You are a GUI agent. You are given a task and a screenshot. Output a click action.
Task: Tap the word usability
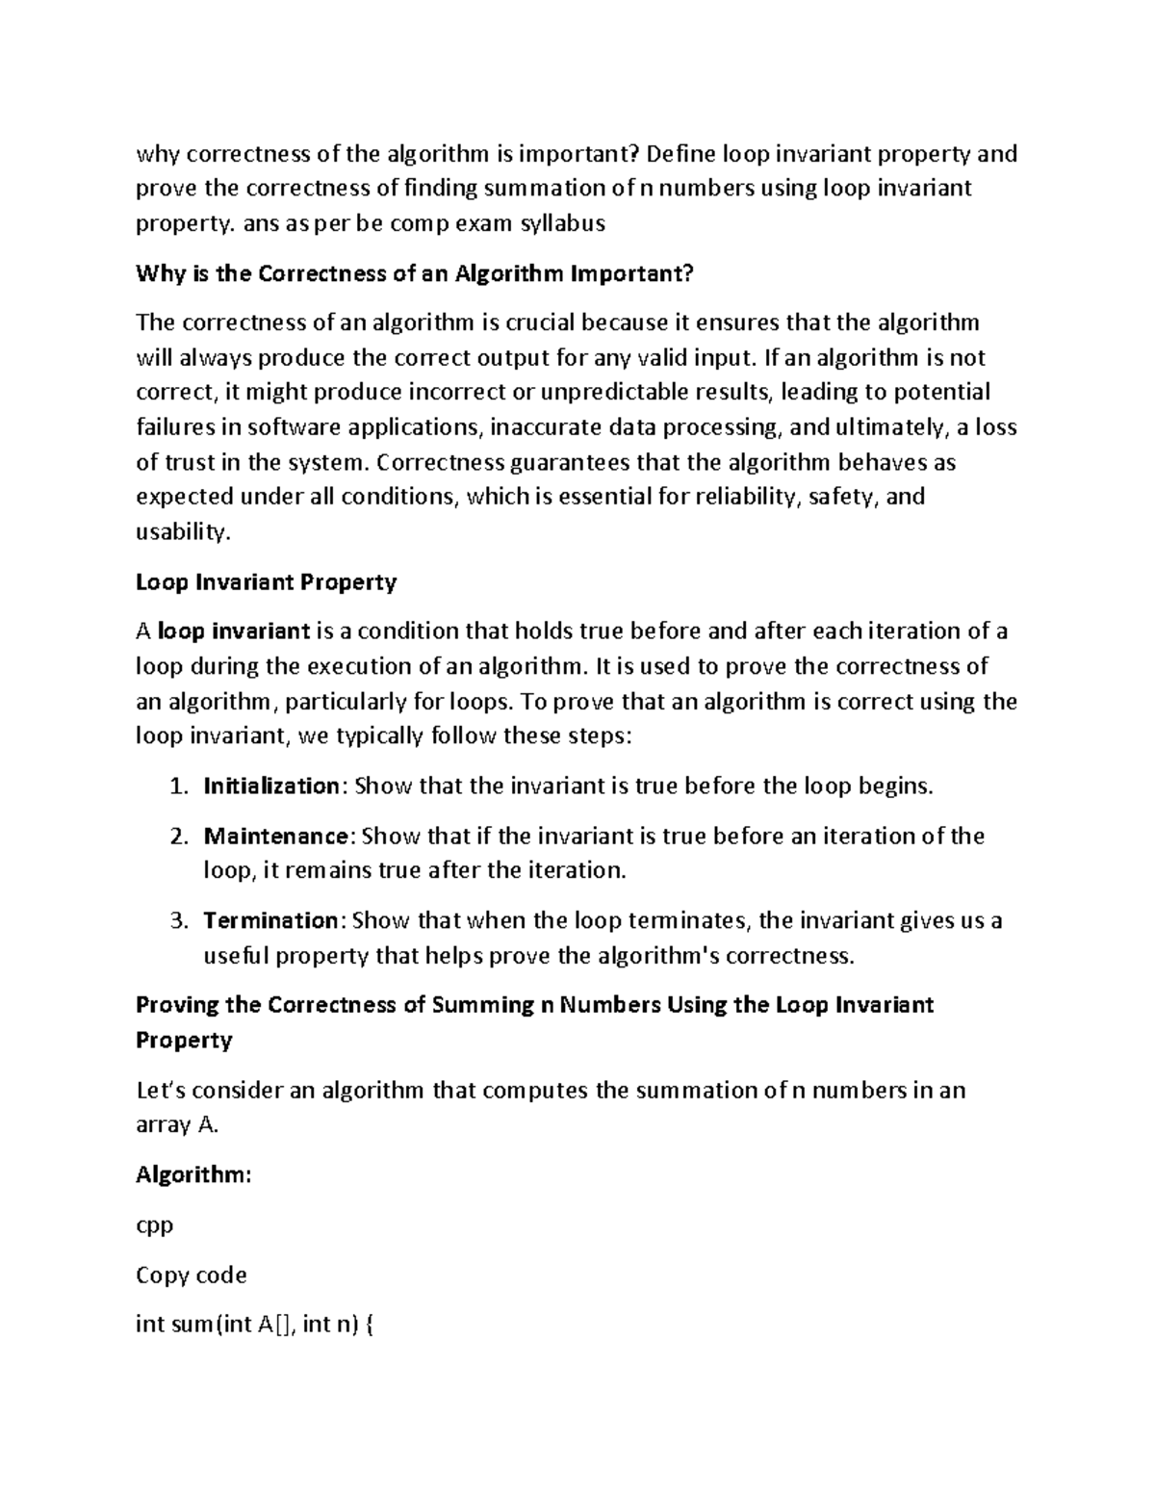point(183,532)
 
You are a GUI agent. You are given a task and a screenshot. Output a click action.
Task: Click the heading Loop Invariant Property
point(267,582)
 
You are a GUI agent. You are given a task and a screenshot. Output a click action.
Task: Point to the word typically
point(377,736)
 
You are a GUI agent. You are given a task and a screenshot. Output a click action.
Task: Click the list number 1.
point(176,786)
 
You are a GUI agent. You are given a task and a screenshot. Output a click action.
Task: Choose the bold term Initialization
point(270,786)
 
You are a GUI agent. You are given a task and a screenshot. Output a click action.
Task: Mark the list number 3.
point(176,920)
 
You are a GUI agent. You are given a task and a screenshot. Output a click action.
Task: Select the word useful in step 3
point(236,956)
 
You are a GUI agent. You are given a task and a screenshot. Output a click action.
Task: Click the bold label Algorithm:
point(193,1175)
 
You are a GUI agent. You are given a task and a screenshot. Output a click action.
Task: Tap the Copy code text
point(192,1276)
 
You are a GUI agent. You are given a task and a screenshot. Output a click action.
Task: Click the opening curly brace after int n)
point(372,1326)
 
